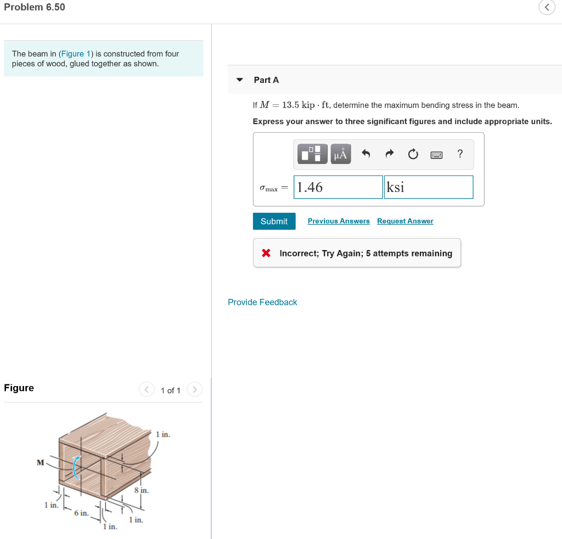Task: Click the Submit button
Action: point(274,221)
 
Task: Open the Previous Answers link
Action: point(339,221)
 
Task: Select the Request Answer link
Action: point(405,221)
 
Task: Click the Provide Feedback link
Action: point(262,302)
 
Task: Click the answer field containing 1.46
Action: point(338,187)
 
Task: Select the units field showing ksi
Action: point(428,187)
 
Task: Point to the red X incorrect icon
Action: point(266,253)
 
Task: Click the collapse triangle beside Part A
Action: point(239,80)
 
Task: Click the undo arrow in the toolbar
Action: point(366,154)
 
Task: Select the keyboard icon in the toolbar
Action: point(436,155)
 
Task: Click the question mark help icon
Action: point(460,154)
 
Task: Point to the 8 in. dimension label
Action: point(142,490)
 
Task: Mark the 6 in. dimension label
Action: point(81,513)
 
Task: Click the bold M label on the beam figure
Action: point(40,462)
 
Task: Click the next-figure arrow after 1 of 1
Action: point(195,390)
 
